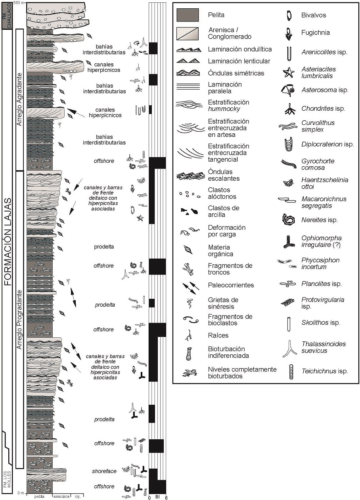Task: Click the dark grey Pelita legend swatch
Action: tap(188, 15)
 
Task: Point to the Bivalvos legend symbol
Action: tap(289, 15)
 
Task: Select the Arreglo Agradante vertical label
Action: tap(19, 99)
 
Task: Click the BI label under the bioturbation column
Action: tap(157, 497)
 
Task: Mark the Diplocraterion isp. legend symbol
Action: tap(289, 144)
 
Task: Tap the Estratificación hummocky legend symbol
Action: tap(188, 104)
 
